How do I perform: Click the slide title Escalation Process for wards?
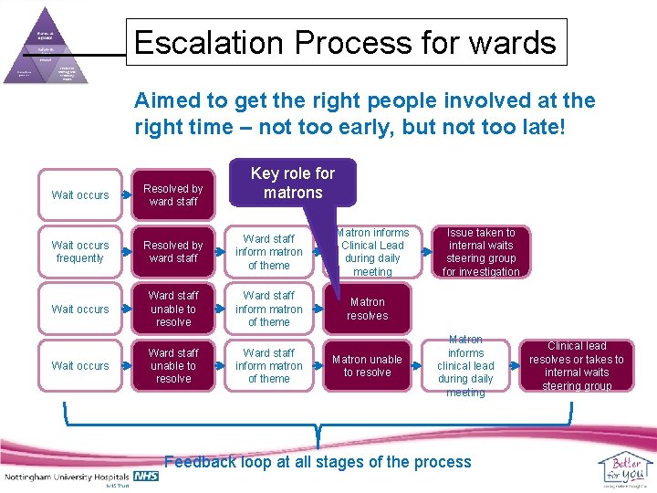pyautogui.click(x=344, y=43)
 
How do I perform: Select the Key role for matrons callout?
pyautogui.click(x=293, y=183)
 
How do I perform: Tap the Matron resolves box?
pyautogui.click(x=368, y=309)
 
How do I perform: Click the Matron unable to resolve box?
pyautogui.click(x=368, y=365)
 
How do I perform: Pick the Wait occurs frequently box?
pyautogui.click(x=80, y=252)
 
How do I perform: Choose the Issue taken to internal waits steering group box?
pyautogui.click(x=481, y=252)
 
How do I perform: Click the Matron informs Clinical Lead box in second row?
pyautogui.click(x=373, y=252)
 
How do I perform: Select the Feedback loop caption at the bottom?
pyautogui.click(x=318, y=461)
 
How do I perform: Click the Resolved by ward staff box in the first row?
pyautogui.click(x=173, y=194)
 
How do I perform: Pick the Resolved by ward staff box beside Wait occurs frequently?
pyautogui.click(x=173, y=252)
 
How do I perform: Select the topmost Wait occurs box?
pyautogui.click(x=80, y=194)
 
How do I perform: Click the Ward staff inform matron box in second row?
pyautogui.click(x=269, y=252)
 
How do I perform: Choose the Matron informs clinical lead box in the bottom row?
pyautogui.click(x=465, y=365)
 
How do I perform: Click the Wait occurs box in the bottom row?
pyautogui.click(x=80, y=365)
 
